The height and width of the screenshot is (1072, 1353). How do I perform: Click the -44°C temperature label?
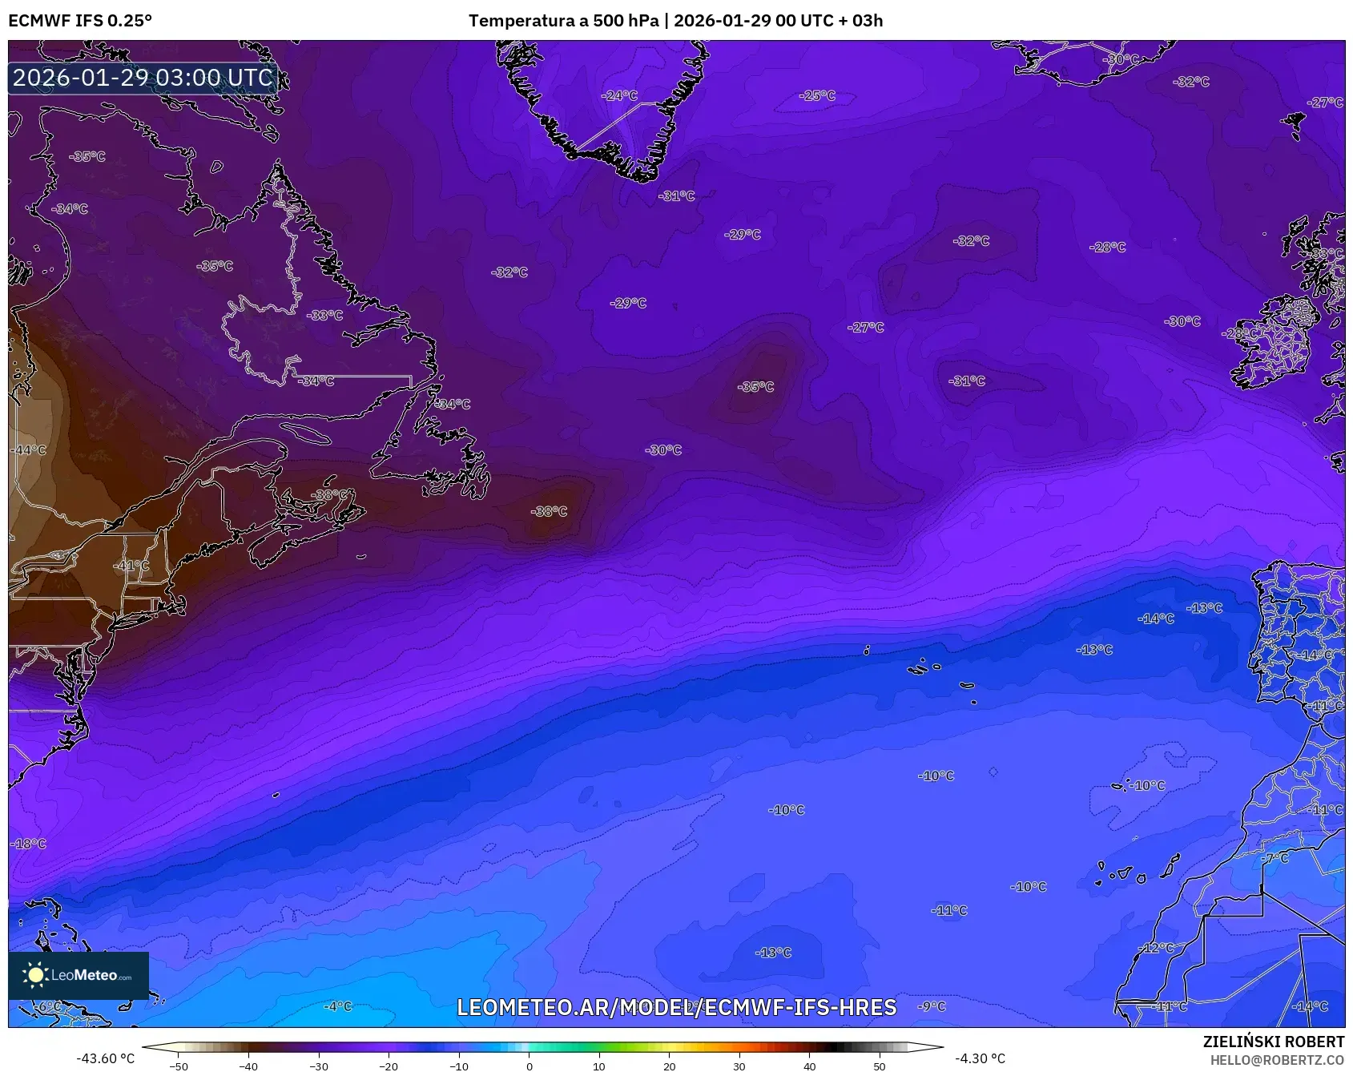tap(29, 450)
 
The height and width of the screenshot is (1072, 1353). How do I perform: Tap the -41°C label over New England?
tap(132, 566)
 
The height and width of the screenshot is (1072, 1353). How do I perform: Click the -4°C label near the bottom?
tap(337, 1006)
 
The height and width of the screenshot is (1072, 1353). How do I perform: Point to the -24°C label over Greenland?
tap(619, 95)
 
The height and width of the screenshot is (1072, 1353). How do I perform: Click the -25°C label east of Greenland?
tap(817, 95)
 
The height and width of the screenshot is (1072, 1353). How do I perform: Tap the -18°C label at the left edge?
tap(29, 844)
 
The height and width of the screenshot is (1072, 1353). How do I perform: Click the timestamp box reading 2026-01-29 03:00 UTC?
tap(143, 78)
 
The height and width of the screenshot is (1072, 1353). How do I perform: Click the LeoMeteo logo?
tap(79, 975)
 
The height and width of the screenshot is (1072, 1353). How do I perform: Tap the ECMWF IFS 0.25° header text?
tap(80, 21)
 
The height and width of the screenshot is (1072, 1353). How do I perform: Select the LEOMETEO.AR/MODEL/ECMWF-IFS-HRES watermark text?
tap(676, 1008)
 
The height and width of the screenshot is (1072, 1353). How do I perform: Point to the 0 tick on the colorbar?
tap(529, 1066)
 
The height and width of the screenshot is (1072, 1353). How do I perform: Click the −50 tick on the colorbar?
tap(179, 1066)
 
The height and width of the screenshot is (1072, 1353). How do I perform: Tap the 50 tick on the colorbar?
tap(880, 1066)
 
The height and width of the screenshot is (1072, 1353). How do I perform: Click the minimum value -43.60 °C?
tap(105, 1058)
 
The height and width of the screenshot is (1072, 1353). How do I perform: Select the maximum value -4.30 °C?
tap(980, 1058)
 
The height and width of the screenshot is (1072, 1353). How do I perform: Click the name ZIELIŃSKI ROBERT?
tap(1273, 1042)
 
